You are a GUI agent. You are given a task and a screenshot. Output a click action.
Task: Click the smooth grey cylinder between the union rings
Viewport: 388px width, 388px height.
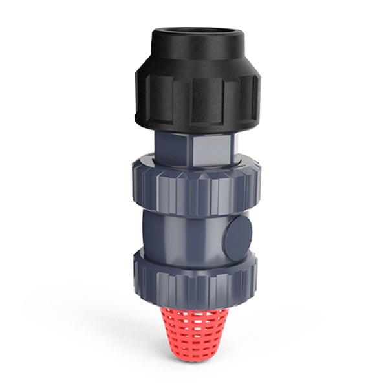188,233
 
